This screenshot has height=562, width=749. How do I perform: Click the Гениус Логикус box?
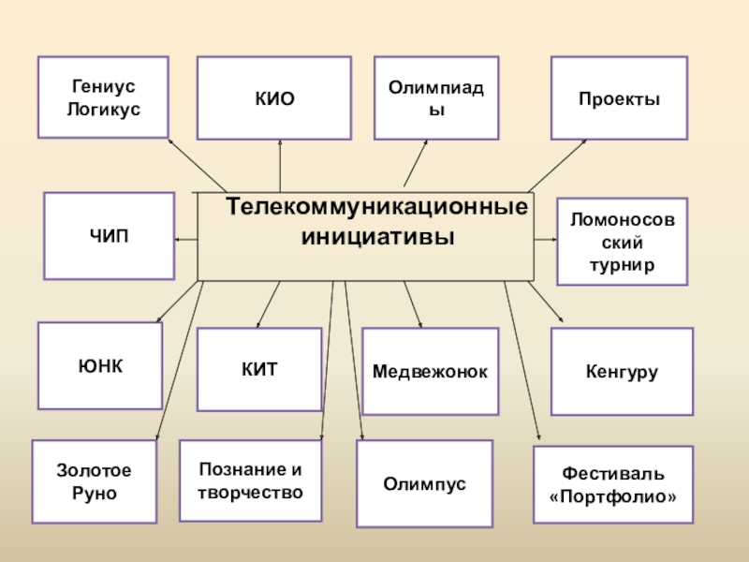tap(103, 97)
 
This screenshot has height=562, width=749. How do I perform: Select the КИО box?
tap(274, 98)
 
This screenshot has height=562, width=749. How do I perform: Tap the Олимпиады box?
tap(436, 97)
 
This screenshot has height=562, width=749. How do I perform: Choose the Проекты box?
tap(619, 98)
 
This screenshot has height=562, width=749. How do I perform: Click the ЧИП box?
tap(109, 236)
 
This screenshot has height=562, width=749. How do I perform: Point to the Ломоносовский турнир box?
tap(622, 242)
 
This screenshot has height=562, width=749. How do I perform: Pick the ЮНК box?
tap(100, 365)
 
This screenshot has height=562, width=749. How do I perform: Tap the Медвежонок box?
tap(430, 372)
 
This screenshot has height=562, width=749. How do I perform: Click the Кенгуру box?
tap(622, 372)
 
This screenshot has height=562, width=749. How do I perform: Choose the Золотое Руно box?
tap(95, 481)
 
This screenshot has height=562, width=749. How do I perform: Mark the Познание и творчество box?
tap(251, 481)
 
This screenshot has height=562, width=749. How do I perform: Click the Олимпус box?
tap(424, 483)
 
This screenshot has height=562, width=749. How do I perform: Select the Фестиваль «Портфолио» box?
tap(613, 484)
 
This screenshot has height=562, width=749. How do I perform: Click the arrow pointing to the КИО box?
tap(280, 165)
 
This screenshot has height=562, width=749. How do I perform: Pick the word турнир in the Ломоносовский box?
tap(622, 265)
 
